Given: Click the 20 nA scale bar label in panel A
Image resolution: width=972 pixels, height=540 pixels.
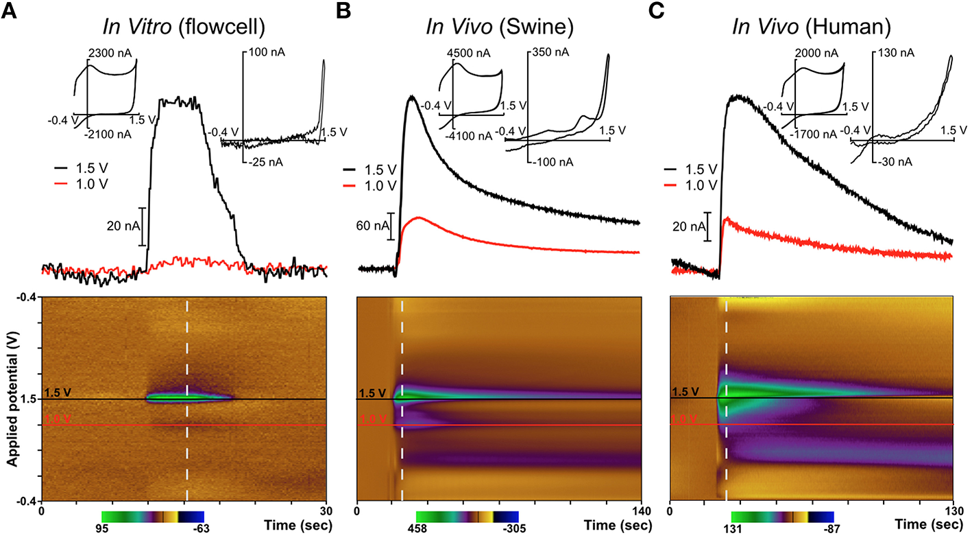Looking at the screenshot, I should tap(121, 226).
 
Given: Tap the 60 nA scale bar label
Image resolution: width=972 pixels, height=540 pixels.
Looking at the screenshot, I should tap(369, 226).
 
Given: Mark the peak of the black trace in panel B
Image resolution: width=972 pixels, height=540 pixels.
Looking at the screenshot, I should tap(411, 97).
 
